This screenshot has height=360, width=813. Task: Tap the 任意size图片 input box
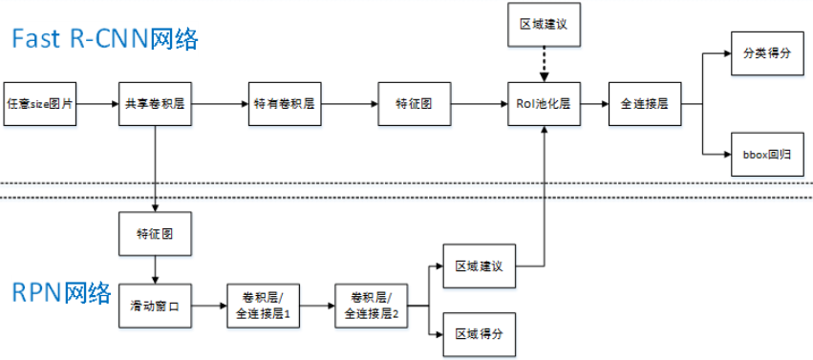(40, 102)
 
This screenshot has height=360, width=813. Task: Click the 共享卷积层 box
(154, 102)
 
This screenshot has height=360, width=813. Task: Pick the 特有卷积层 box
(282, 102)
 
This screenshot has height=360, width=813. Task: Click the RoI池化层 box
(544, 102)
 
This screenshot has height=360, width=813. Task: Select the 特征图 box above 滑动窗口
(154, 233)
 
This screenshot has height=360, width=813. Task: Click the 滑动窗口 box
(154, 307)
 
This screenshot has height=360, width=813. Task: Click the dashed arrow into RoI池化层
(544, 66)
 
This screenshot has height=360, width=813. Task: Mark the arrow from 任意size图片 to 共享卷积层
(96, 102)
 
